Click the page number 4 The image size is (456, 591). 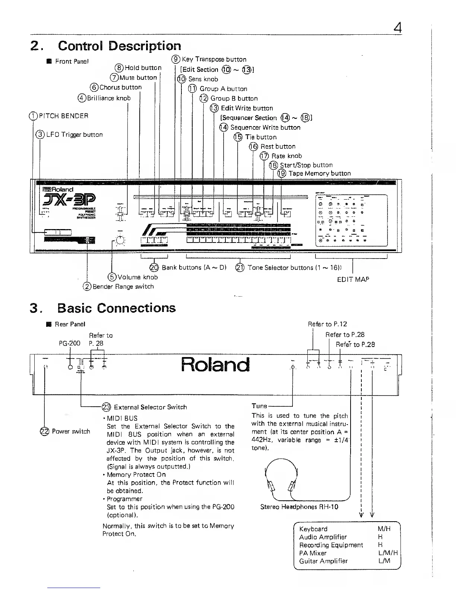[x=398, y=28]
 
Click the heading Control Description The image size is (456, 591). [x=119, y=46]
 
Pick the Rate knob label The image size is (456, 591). [x=286, y=156]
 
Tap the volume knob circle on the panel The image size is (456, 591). [x=120, y=240]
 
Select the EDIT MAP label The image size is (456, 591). [x=353, y=279]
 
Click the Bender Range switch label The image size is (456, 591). [x=123, y=287]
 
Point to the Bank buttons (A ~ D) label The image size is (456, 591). [x=194, y=268]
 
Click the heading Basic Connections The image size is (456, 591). [x=116, y=308]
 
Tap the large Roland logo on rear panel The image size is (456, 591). [x=215, y=365]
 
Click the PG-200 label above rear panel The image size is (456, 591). [x=70, y=343]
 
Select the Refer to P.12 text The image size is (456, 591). [x=327, y=324]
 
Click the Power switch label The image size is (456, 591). [x=70, y=431]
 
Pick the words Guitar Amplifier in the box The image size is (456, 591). [x=323, y=561]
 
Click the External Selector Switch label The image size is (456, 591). [x=150, y=407]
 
